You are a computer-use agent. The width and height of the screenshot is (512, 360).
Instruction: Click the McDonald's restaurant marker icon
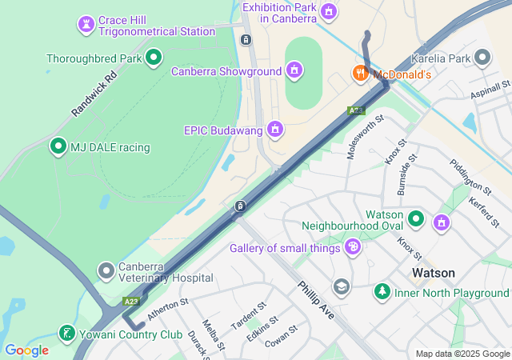[361, 74]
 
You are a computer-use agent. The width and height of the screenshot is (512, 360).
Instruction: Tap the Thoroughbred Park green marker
[154, 58]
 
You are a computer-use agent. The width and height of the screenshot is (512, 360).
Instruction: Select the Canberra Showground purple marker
[294, 70]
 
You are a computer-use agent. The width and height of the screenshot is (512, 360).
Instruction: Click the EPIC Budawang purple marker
[276, 129]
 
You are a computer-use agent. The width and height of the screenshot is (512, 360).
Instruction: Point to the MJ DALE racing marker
[58, 146]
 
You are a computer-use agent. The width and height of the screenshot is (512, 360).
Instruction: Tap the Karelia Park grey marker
[482, 58]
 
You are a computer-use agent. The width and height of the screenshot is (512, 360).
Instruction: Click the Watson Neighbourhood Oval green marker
[416, 218]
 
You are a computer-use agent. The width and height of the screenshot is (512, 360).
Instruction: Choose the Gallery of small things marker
[352, 247]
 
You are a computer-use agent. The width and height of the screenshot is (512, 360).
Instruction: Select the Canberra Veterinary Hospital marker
[106, 270]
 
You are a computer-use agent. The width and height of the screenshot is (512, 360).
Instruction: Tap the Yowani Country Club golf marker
[68, 333]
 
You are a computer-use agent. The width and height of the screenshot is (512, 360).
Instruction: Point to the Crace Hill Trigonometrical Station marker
[86, 24]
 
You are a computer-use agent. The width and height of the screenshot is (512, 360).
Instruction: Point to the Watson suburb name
[434, 273]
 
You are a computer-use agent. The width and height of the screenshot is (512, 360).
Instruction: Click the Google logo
[26, 350]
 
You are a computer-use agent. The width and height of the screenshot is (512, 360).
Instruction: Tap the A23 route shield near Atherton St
[132, 302]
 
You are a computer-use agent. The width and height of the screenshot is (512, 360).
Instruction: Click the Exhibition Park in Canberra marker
[328, 12]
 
